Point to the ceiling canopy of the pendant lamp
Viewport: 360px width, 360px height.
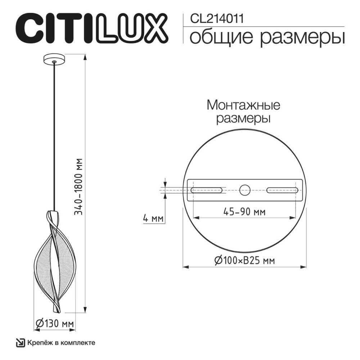coord(54,59)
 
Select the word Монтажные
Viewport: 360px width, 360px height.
coord(243,105)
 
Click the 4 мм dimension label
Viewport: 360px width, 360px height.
coord(153,219)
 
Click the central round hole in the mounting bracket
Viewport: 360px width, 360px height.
coord(245,190)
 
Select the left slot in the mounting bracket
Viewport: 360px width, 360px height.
coord(207,190)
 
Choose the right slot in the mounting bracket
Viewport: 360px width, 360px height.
coord(283,190)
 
